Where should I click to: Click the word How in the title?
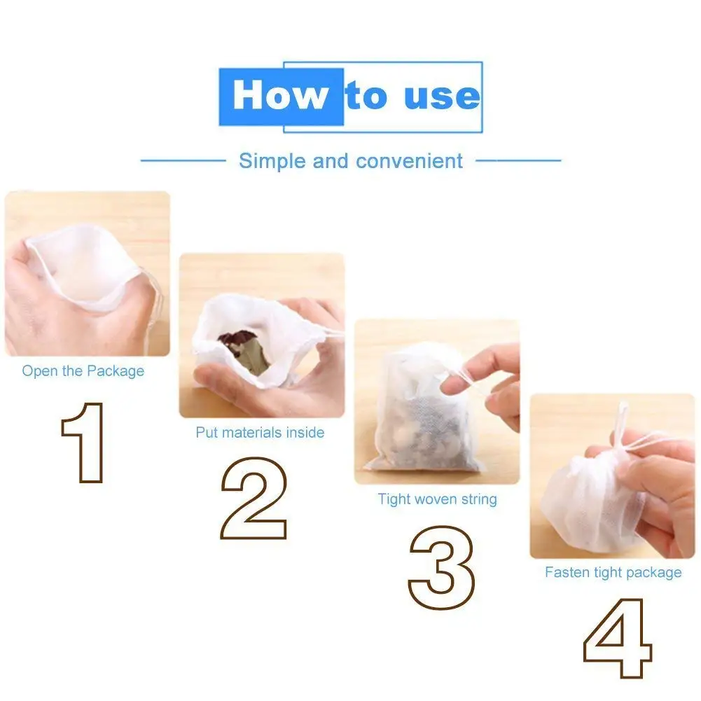(280, 95)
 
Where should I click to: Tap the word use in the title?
(442, 96)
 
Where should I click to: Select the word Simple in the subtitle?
(272, 161)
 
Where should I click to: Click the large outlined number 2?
(254, 498)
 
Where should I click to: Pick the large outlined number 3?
(441, 567)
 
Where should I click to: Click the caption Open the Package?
(83, 371)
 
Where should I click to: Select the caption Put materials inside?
(261, 432)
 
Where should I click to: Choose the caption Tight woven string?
(437, 499)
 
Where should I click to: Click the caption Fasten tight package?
(613, 572)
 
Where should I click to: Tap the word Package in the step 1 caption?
(116, 372)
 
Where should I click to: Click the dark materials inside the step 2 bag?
(244, 351)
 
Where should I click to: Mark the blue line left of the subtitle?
(183, 160)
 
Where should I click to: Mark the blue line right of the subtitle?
(518, 160)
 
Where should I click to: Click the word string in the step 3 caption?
(479, 499)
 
